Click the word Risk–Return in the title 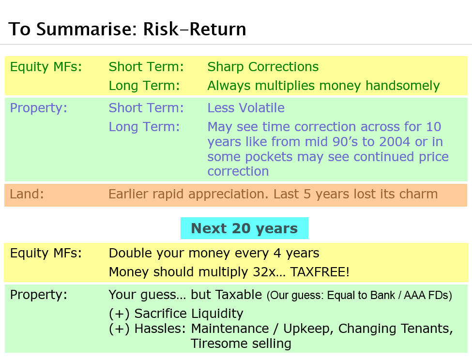pyautogui.click(x=195, y=29)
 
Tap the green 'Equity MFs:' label pyautogui.click(x=46, y=67)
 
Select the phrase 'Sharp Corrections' pyautogui.click(x=263, y=67)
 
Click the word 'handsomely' pyautogui.click(x=402, y=86)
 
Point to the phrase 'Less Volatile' pyautogui.click(x=246, y=108)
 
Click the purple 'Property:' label pyautogui.click(x=39, y=108)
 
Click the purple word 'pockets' pyautogui.click(x=269, y=157)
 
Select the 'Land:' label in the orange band pyautogui.click(x=27, y=194)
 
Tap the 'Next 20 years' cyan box pyautogui.click(x=244, y=228)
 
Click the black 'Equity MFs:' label pyautogui.click(x=46, y=253)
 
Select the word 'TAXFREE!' pyautogui.click(x=320, y=272)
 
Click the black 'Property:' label pyautogui.click(x=39, y=295)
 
